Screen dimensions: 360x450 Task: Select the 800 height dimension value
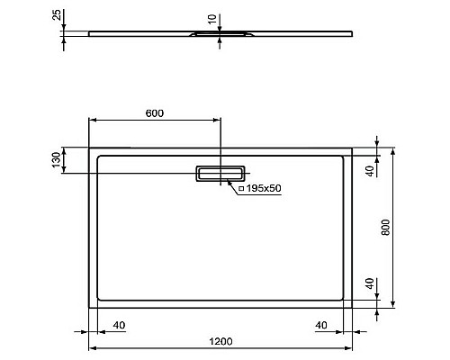click(386, 229)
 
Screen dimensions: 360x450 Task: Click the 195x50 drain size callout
click(260, 188)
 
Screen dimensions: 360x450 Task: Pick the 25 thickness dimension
click(56, 16)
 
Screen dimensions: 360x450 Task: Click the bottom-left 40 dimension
click(117, 324)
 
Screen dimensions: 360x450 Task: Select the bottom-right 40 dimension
click(321, 324)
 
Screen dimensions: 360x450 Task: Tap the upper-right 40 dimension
click(370, 170)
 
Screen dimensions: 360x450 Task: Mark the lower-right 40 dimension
click(370, 286)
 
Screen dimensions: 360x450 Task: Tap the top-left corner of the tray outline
click(89, 148)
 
